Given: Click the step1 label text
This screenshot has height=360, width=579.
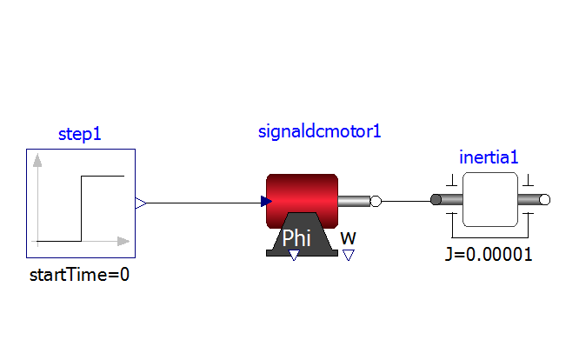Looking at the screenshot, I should (79, 135).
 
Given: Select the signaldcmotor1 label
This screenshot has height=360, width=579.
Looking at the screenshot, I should (320, 132).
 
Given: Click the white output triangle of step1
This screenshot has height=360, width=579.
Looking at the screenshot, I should (140, 203).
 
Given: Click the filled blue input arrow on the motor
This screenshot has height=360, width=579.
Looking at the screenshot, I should (266, 203).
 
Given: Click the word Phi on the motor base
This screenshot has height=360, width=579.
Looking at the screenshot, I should (296, 237).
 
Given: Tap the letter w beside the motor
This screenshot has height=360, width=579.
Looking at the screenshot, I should (348, 237).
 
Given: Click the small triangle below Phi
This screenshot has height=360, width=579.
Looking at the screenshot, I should (294, 255).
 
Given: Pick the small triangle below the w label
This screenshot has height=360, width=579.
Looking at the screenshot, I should (348, 255).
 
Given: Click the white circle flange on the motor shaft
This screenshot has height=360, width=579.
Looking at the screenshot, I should (376, 203).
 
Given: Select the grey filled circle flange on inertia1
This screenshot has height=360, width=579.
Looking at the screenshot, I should (436, 202).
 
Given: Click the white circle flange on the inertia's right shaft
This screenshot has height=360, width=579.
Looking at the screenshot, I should (544, 202).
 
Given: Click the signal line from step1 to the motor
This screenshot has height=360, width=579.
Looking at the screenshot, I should (200, 203).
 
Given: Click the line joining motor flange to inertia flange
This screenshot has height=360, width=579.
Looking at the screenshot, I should (405, 203).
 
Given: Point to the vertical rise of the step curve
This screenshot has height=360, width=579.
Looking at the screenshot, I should (81, 209).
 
